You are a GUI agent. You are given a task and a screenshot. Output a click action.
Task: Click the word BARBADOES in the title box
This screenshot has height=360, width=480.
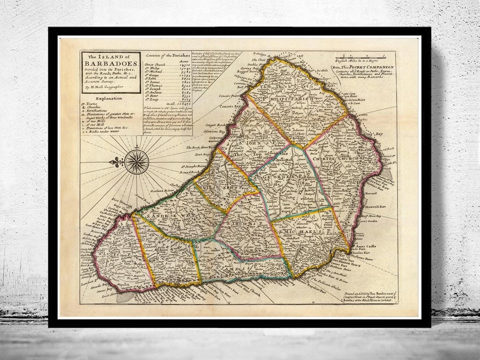pos(110,63)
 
